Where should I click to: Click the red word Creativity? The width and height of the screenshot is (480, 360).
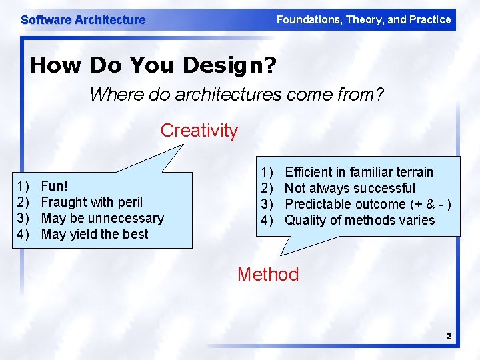199,131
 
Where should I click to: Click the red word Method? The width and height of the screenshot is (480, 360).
268,274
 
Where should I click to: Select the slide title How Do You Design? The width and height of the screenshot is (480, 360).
153,65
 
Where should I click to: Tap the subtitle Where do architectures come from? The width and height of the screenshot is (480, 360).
237,95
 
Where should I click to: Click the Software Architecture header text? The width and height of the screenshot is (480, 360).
83,20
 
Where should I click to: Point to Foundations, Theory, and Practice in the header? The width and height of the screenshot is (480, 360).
363,19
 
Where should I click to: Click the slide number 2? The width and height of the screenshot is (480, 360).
449,337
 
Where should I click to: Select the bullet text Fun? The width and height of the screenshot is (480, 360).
54,186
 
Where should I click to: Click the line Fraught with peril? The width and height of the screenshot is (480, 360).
92,202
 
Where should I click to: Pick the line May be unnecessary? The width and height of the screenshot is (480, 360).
102,218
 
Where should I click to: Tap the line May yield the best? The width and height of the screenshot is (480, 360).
95,234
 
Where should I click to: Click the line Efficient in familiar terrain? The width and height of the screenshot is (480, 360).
359,172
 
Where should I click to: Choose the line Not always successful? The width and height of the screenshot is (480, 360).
350,188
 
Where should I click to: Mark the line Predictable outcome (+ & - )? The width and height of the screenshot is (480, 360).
368,204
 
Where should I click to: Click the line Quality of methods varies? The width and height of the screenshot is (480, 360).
359,220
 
